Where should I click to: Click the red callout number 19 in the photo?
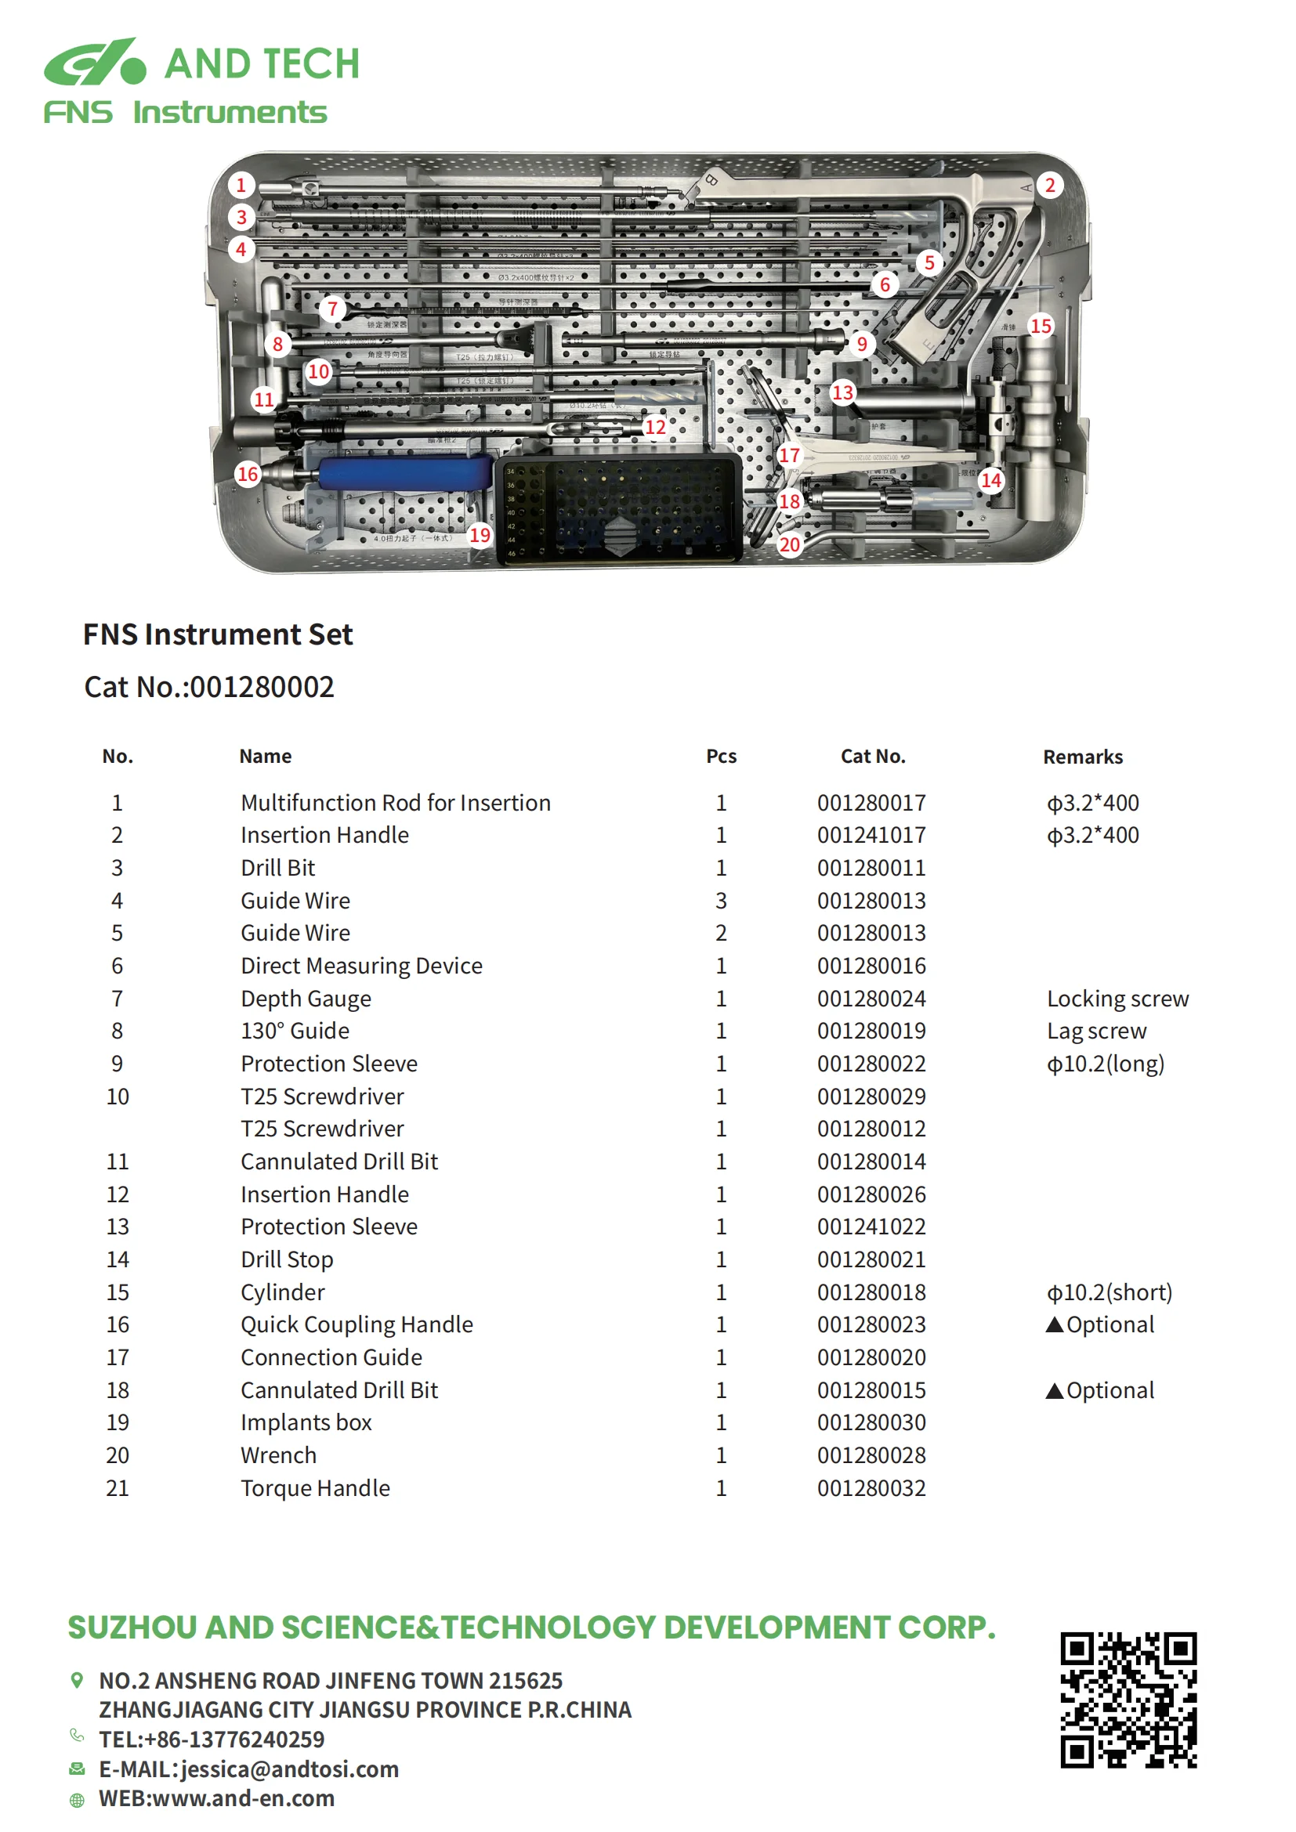(x=479, y=535)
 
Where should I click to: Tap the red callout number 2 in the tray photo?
(x=1049, y=186)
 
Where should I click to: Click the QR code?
(x=1128, y=1700)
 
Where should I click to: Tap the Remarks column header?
(x=1082, y=757)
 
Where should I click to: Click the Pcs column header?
(x=721, y=757)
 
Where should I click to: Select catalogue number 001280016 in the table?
(x=871, y=966)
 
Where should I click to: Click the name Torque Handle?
(x=315, y=1488)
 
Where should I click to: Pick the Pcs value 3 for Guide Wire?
(x=721, y=901)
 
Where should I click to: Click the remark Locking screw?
(x=1117, y=998)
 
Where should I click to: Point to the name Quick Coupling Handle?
(x=357, y=1324)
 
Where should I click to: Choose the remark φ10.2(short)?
(x=1110, y=1292)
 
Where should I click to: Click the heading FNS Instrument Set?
(x=218, y=634)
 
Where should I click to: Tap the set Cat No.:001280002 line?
(x=209, y=687)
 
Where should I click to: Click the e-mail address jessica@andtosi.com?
(x=290, y=1769)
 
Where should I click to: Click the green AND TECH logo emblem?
(x=95, y=62)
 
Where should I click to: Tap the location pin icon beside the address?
(x=77, y=1680)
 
